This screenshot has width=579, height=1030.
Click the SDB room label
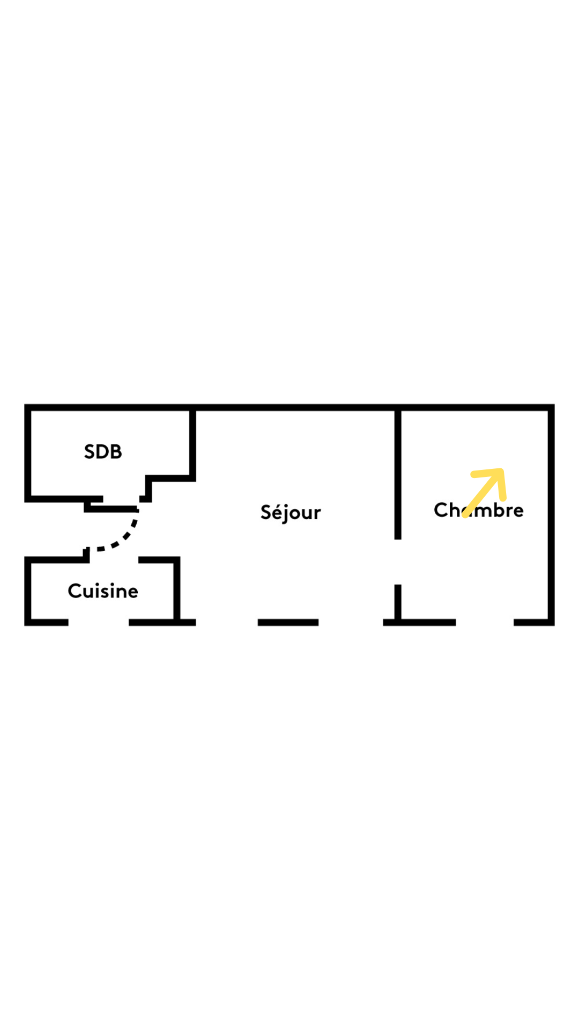click(103, 452)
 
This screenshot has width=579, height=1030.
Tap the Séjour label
click(291, 512)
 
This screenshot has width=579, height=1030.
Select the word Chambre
click(479, 510)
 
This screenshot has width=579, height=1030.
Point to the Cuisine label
click(103, 591)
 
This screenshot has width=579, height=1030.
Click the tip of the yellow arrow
click(501, 471)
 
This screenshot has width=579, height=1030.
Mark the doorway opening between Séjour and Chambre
click(398, 562)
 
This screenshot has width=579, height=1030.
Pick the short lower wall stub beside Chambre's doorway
click(398, 602)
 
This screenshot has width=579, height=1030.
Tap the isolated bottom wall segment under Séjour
click(288, 622)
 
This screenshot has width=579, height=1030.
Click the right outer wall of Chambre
click(551, 515)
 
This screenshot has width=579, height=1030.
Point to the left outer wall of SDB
click(27, 453)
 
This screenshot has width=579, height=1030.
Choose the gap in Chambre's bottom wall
click(485, 622)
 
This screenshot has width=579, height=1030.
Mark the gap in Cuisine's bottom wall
click(99, 622)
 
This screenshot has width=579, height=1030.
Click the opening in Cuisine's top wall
click(114, 560)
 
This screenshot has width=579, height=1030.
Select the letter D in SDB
click(103, 452)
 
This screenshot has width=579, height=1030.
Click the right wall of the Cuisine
click(177, 589)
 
